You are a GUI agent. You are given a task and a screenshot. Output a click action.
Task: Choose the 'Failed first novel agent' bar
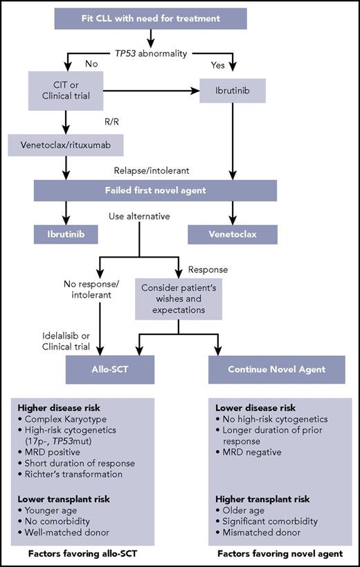point(155,190)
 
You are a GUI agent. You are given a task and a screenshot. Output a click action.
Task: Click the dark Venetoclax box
point(233,233)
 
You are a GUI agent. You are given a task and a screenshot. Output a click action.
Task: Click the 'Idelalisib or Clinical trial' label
point(69,341)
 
